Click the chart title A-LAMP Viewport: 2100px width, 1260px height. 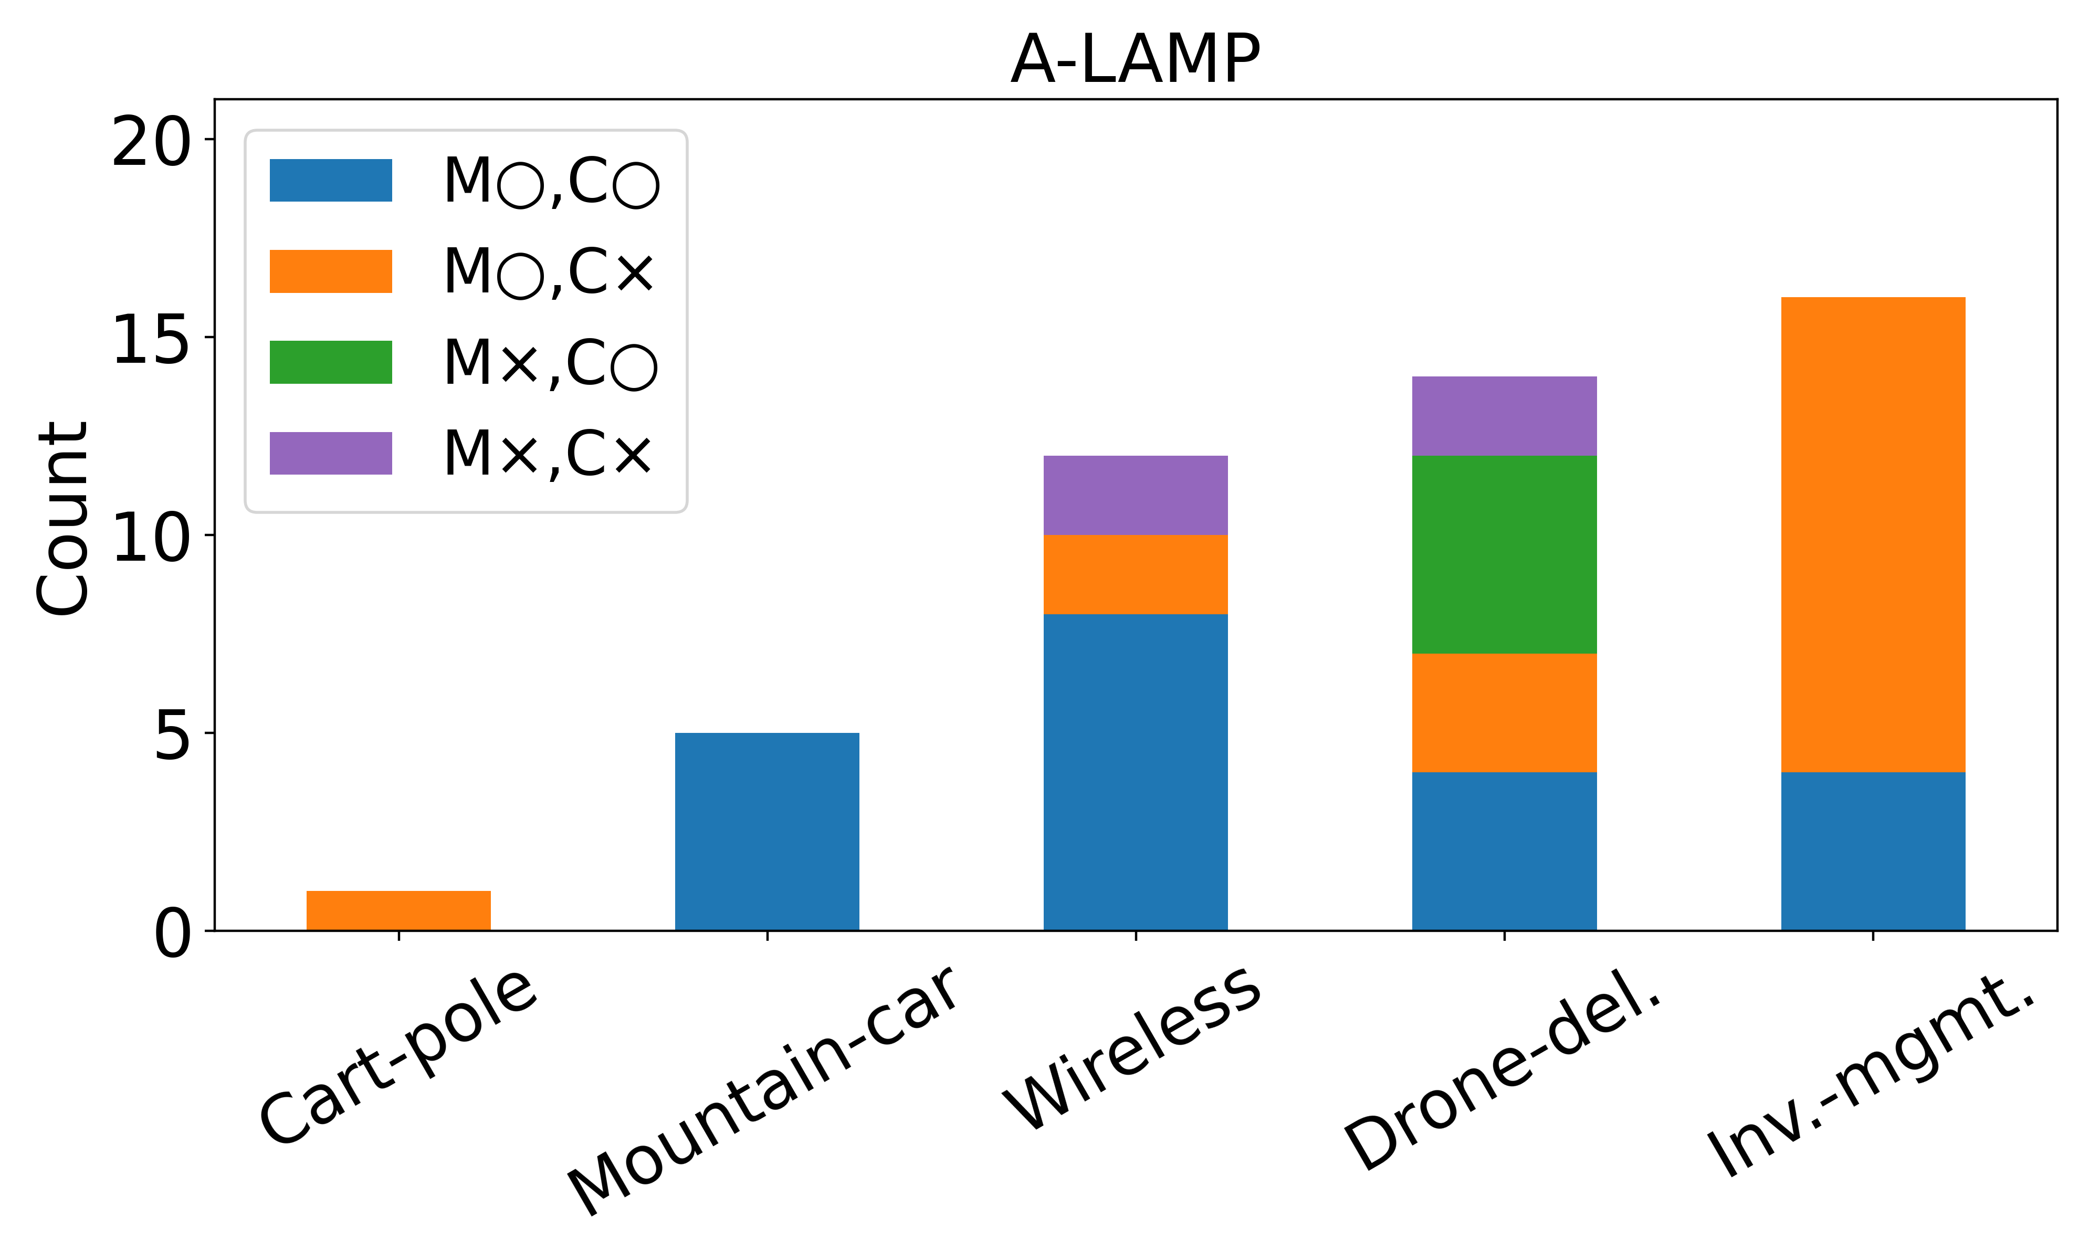click(1135, 59)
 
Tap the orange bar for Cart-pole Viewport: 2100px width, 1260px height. click(398, 910)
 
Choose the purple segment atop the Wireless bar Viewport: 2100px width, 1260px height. click(1135, 495)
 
